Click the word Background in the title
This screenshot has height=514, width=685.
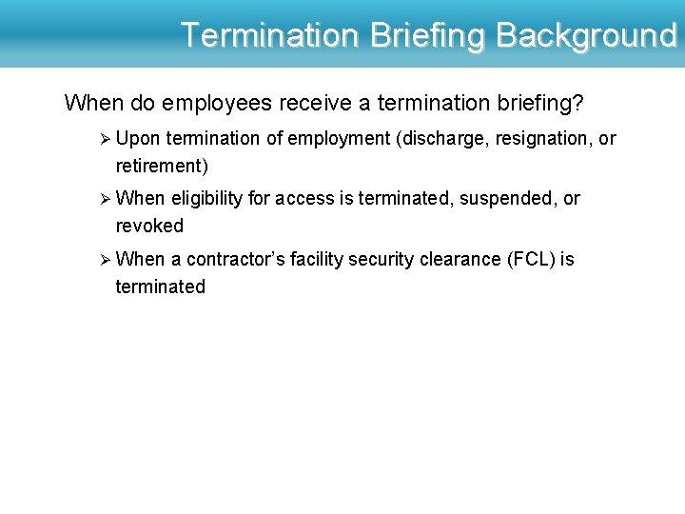(586, 35)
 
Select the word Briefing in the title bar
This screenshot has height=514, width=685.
(427, 35)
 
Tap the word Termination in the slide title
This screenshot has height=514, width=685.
(269, 35)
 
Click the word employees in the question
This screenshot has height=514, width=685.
(209, 101)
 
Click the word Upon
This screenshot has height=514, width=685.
(138, 139)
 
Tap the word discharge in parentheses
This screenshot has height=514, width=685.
(442, 139)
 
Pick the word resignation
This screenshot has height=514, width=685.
(541, 139)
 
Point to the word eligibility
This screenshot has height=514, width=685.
(207, 199)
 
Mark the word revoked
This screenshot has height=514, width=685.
(149, 227)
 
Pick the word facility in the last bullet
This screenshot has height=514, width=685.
(317, 260)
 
